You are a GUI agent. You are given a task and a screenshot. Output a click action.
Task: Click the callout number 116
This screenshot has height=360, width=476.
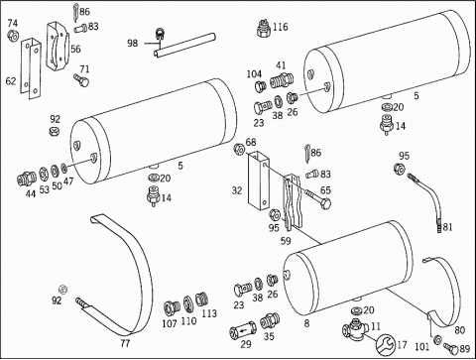coord(281,27)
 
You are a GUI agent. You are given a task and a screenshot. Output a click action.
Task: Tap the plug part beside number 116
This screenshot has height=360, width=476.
coord(263,28)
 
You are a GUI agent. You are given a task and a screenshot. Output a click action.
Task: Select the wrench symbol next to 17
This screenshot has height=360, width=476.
coord(386,344)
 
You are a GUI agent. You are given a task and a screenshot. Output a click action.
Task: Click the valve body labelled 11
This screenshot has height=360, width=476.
coord(356,329)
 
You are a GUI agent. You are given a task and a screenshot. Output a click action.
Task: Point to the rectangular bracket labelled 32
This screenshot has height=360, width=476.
coord(259,180)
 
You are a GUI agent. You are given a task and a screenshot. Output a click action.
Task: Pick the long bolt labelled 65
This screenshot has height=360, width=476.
coord(317,197)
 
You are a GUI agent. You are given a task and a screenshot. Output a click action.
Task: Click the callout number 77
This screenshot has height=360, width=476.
coord(125,343)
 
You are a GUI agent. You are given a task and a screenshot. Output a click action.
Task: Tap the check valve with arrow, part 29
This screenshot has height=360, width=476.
coord(243,330)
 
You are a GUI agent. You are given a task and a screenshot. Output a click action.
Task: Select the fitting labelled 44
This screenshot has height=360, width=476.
coord(27,179)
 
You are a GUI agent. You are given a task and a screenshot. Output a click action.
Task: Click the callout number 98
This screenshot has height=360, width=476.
coord(133,44)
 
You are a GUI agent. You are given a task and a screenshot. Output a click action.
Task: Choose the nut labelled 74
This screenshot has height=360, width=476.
coord(13,36)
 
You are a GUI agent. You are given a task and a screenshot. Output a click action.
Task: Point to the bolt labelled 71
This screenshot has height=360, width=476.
coord(81,80)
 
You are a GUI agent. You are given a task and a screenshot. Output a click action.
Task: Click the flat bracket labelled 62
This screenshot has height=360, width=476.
coord(31,68)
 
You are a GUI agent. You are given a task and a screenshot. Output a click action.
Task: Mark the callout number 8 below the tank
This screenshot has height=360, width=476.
coord(306,323)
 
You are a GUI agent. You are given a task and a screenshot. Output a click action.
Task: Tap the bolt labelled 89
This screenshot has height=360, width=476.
coord(451,349)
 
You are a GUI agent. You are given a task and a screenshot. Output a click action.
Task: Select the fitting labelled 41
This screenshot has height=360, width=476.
coord(281,80)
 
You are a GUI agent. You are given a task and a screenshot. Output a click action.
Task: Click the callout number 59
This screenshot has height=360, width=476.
coord(286,241)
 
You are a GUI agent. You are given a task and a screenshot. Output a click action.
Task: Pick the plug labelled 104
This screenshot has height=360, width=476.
coord(260,86)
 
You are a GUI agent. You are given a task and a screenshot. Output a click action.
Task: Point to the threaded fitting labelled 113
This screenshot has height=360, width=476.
coord(201,300)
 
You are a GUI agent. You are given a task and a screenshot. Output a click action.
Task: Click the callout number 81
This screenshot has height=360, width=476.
coord(447,227)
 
